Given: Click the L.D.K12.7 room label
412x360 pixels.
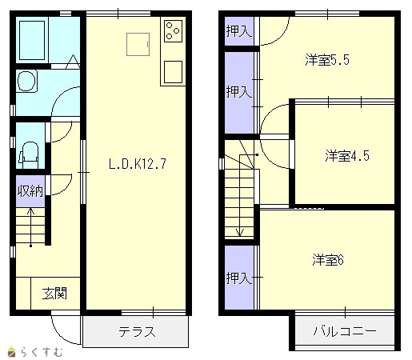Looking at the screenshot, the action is [138, 164].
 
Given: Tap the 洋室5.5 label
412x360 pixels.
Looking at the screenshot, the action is [327, 60].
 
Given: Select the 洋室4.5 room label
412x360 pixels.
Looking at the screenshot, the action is [347, 156].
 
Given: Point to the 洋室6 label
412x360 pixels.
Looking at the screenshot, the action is [328, 260].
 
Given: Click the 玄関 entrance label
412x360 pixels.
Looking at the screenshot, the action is [54, 294].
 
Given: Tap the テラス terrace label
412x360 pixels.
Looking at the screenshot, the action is [137, 332].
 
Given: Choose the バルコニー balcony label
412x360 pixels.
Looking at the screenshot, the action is [345, 331].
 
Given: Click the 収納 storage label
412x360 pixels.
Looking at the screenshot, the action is [30, 191].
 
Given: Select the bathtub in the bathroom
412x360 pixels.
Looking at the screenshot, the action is [32, 40].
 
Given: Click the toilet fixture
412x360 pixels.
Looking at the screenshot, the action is [29, 154].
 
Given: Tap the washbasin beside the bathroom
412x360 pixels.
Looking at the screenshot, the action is [26, 81].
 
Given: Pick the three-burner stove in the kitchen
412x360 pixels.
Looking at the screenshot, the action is [173, 31].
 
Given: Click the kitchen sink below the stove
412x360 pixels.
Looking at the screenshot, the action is [173, 72].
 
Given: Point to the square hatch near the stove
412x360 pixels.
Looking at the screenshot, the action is [138, 44].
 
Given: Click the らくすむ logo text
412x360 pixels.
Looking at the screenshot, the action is [42, 352].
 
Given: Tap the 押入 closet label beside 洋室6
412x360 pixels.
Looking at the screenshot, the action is [239, 278].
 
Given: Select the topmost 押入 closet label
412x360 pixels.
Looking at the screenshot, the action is [239, 31].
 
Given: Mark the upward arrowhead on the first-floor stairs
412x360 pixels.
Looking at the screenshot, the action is [31, 211].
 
